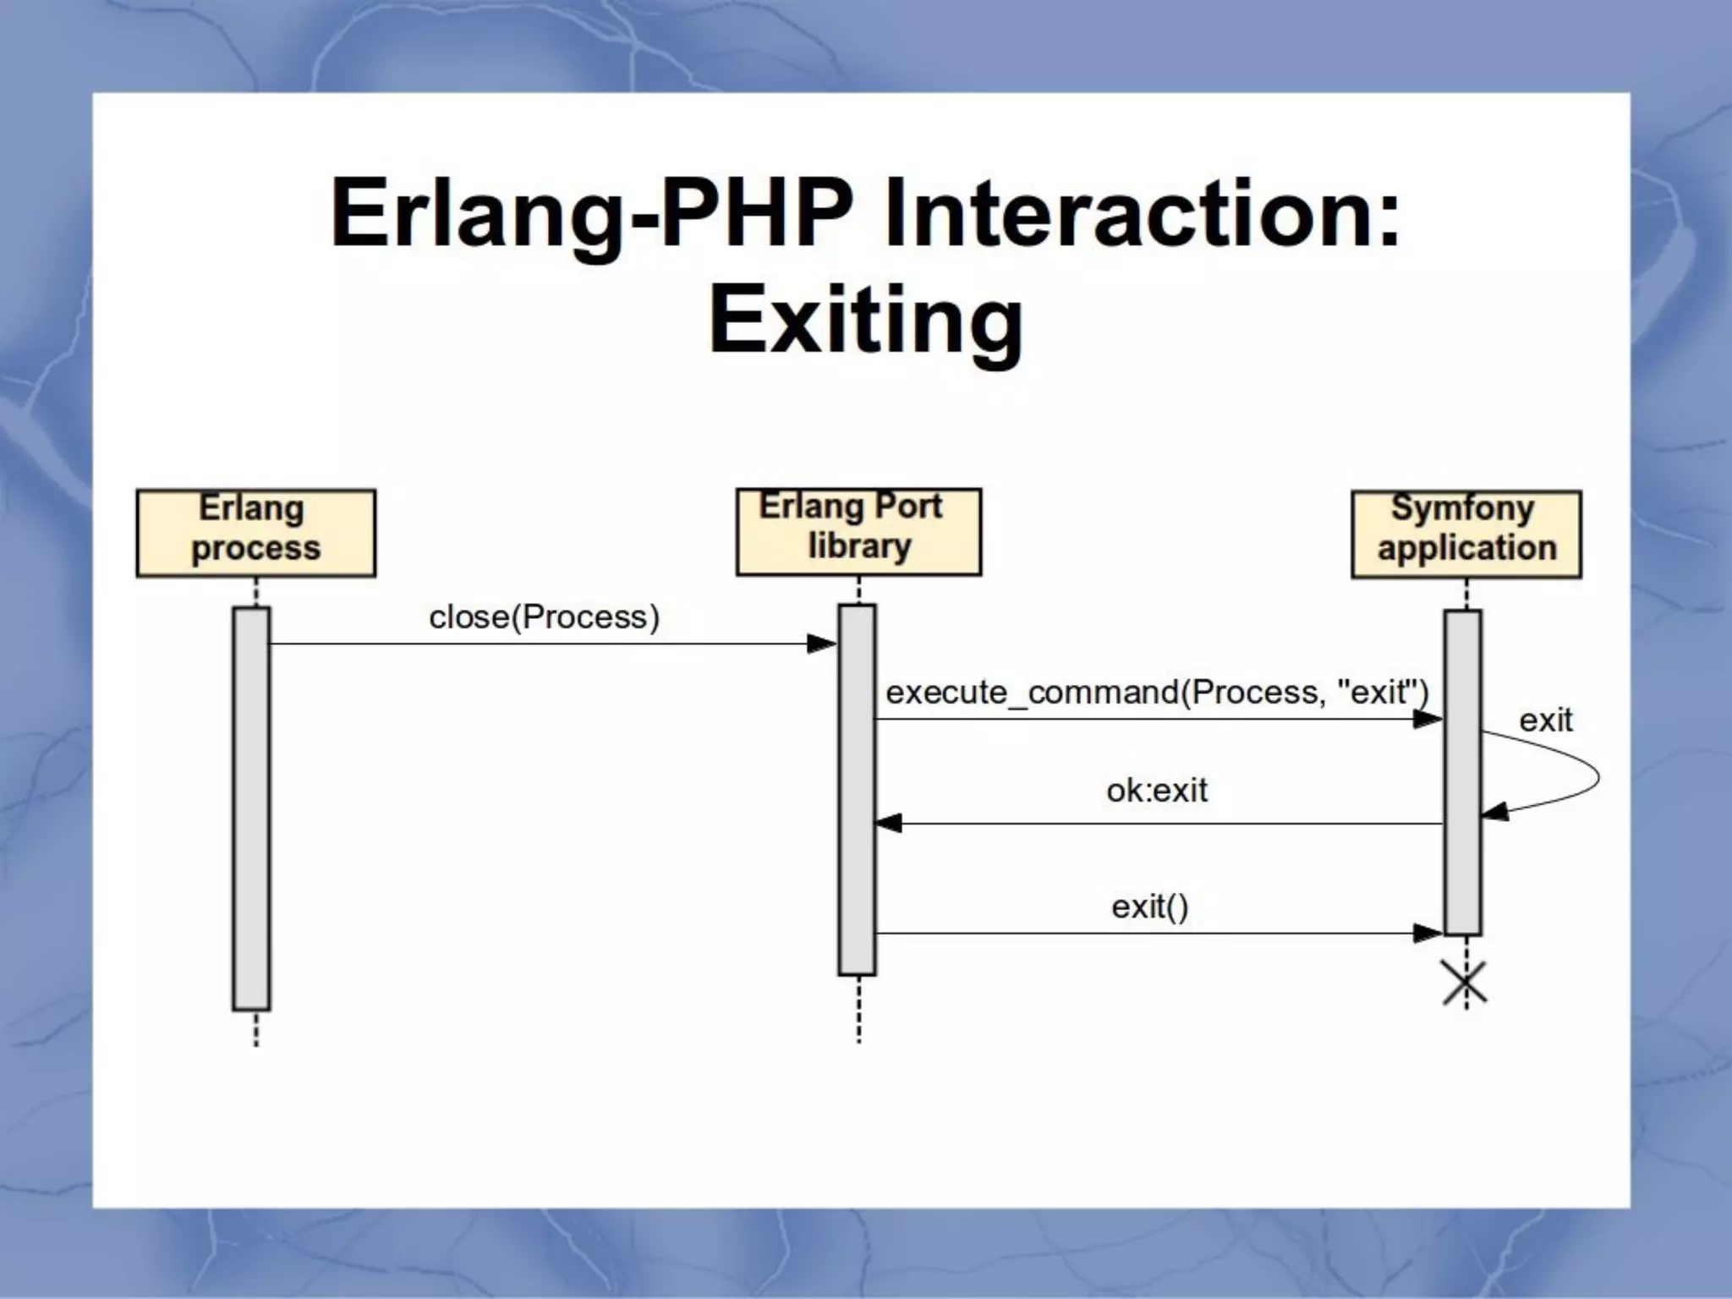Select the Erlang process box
coord(255,533)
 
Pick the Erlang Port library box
coord(858,531)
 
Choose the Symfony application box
coord(1466,534)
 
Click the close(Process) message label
coord(544,617)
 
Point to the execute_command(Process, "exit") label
coord(1156,692)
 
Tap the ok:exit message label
coord(1156,790)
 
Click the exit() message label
coord(1149,907)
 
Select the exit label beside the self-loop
coord(1545,721)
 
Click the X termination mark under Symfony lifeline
coord(1465,984)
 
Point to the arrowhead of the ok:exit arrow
coord(888,823)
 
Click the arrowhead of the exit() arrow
coord(1428,934)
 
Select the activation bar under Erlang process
coord(251,808)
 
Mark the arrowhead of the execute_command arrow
coord(1428,720)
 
